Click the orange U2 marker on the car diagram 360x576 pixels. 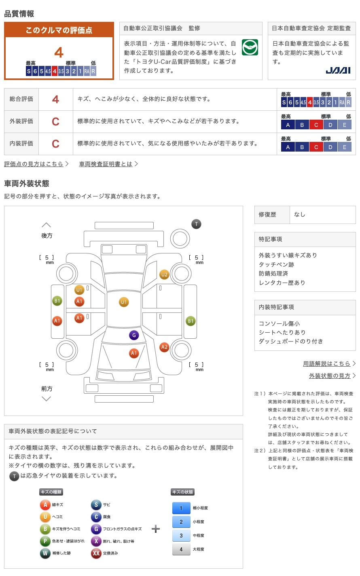click(164, 275)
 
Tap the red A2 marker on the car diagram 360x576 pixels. click(164, 347)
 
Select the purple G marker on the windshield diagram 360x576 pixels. click(134, 335)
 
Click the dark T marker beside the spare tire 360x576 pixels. click(196, 224)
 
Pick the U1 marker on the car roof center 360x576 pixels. click(124, 302)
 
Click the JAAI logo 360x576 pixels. click(338, 70)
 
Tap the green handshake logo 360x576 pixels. click(250, 47)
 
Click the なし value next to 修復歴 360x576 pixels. click(300, 215)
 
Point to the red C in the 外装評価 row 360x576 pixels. click(55, 121)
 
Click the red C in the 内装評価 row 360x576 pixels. click(55, 143)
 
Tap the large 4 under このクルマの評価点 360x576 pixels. click(59, 53)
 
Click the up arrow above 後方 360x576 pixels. click(47, 225)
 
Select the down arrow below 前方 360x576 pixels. click(47, 399)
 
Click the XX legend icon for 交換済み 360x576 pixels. click(96, 553)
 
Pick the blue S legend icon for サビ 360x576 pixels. click(96, 504)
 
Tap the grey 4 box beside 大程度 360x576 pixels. click(181, 549)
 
